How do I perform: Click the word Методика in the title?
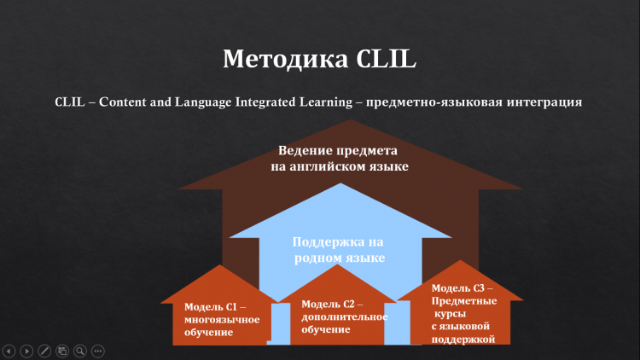click(x=286, y=59)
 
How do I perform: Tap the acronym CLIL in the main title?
click(x=386, y=58)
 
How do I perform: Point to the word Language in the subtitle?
click(x=203, y=102)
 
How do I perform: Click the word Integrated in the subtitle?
click(x=265, y=102)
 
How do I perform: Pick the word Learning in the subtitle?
click(x=326, y=102)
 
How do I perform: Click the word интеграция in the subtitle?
click(x=544, y=102)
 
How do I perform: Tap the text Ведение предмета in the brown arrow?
click(x=338, y=151)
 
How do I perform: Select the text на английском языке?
click(x=340, y=166)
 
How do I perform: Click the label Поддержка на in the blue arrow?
click(x=338, y=242)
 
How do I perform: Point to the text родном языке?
click(x=340, y=258)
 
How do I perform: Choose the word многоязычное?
click(x=222, y=320)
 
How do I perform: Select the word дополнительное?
click(x=345, y=317)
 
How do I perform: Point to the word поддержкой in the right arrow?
click(x=463, y=340)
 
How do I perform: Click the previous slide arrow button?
click(x=9, y=351)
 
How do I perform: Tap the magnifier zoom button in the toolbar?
click(x=80, y=351)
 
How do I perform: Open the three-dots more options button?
click(x=98, y=351)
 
